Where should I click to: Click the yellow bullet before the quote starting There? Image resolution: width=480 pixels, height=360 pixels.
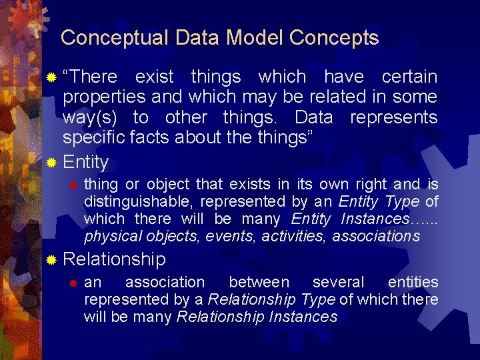52,77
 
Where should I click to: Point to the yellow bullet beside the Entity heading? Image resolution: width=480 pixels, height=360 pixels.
52,163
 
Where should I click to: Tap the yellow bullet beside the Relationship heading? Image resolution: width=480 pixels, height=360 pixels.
52,259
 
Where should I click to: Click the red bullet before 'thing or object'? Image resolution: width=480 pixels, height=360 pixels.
75,184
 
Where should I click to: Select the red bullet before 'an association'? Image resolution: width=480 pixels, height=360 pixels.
75,283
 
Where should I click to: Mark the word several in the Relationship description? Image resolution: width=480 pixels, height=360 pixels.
339,283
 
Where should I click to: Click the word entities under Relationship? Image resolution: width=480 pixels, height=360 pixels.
413,283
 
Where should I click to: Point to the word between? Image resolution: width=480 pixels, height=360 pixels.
259,283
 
